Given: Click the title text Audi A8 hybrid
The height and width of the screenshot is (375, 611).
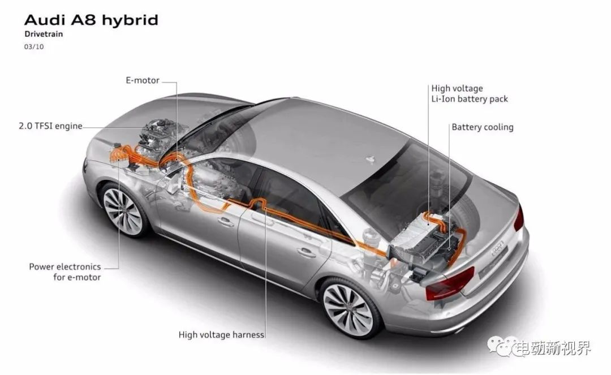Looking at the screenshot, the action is point(91,20).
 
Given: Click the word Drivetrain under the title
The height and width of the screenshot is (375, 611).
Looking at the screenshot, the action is point(44,34).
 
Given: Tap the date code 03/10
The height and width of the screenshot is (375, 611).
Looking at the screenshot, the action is point(34,47).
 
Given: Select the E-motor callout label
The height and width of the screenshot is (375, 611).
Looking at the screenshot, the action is point(142,80).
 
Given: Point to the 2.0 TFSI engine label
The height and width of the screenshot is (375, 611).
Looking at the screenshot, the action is point(51,126).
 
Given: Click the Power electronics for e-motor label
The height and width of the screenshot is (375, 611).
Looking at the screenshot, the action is point(65,272).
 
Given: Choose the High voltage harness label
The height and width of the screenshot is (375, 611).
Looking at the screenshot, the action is point(221,334).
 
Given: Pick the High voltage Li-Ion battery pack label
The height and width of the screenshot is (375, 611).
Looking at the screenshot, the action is point(470,93).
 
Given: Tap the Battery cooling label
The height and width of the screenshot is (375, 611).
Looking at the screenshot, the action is point(483,127).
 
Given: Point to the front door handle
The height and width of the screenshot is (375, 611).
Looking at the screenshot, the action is point(226,222).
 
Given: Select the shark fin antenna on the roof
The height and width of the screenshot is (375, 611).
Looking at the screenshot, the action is point(370,159).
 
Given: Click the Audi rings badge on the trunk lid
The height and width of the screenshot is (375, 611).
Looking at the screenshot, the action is point(498,248).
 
